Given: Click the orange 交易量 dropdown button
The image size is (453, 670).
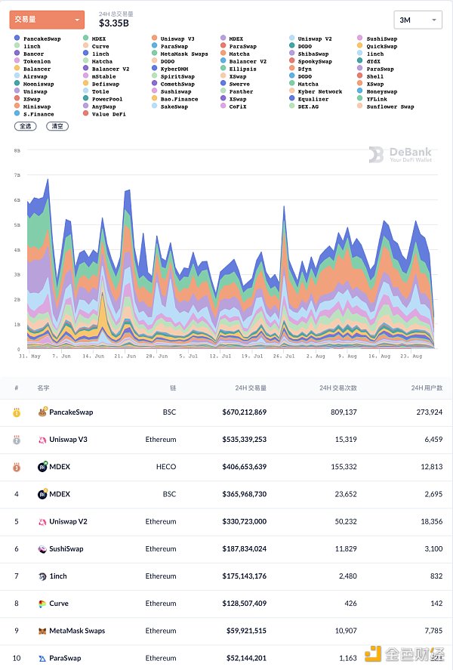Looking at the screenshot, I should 47,20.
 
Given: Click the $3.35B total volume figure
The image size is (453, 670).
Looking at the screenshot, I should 115,23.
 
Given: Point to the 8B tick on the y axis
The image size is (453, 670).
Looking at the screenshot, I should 17,151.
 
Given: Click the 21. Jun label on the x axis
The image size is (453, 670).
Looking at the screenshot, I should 125,355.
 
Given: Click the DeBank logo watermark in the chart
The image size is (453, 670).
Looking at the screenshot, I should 400,155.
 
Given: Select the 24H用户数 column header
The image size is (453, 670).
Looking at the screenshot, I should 427,387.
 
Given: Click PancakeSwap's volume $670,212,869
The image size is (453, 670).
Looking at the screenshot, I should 244,412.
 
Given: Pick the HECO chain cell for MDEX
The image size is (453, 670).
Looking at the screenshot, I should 166,467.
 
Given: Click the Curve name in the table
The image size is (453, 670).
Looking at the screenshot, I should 58,604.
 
